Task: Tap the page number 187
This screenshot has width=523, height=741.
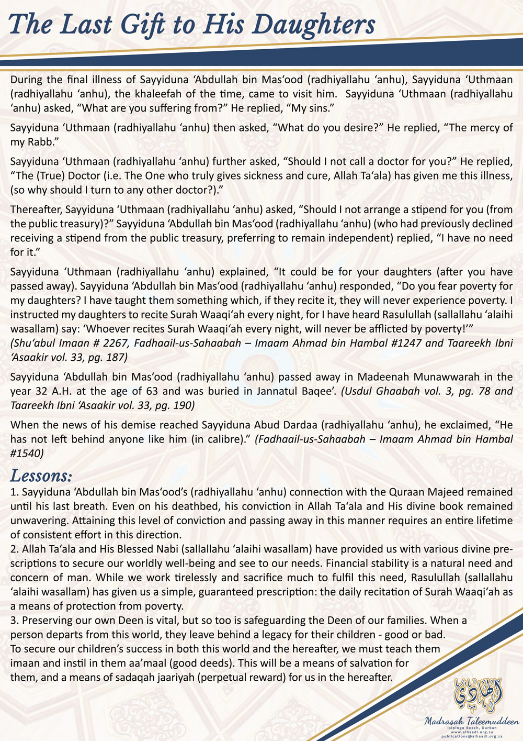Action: click(117, 357)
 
